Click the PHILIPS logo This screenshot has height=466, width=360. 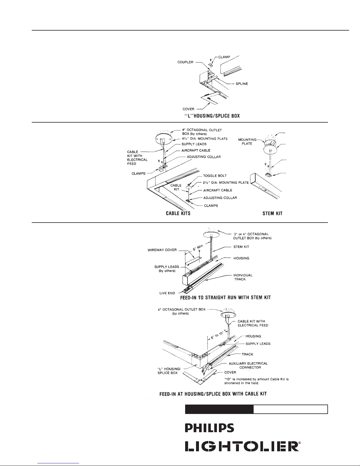pos(209,428)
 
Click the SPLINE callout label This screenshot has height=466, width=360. pos(242,83)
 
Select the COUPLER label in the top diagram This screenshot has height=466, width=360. pos(185,62)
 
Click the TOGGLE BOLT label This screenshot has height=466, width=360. pos(215,176)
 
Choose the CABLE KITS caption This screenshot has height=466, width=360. pos(178,213)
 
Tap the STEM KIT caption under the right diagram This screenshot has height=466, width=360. pos(272,213)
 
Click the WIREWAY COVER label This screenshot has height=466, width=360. pos(162,250)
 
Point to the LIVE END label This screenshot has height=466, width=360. pos(167,293)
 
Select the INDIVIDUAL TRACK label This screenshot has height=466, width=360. pos(243,277)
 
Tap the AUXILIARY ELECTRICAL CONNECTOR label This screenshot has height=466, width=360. pos(248,365)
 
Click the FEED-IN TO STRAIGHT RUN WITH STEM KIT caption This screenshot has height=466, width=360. pos(225,298)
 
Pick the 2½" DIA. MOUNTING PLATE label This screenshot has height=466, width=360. pos(226,183)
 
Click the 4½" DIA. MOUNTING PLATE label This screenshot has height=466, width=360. pos(205,139)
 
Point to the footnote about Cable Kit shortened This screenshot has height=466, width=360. pos(256,381)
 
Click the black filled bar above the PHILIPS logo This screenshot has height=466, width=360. pos(219,409)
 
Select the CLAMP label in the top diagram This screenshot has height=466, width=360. pos(224,57)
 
